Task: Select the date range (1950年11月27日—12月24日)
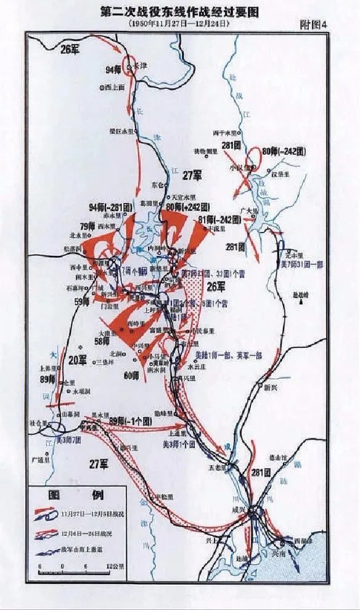(178, 23)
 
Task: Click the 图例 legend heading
(77, 495)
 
